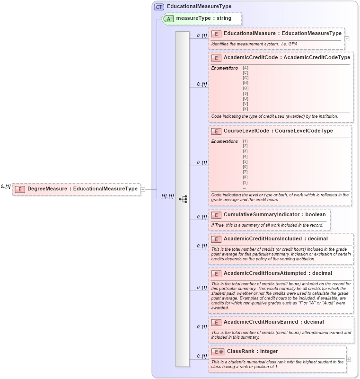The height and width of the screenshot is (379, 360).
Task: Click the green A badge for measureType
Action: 169,18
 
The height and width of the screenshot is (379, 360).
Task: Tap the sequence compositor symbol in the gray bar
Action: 183,199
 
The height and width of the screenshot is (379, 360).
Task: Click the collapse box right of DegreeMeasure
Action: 143,189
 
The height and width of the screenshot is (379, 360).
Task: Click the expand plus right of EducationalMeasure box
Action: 347,39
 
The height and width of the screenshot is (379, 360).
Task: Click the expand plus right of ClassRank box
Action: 349,359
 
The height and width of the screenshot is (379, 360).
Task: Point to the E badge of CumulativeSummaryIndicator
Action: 216,215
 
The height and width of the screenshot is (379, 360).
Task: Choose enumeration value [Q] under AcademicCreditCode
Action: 246,88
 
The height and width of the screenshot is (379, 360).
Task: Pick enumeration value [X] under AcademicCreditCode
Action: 246,109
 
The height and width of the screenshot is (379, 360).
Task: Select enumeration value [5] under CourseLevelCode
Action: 245,162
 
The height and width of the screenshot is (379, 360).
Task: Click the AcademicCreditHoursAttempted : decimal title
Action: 278,273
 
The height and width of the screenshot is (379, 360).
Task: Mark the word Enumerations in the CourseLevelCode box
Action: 225,141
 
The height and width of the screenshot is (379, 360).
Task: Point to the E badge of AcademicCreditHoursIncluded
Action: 216,239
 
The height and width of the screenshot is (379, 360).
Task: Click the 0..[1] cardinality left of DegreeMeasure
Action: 6,186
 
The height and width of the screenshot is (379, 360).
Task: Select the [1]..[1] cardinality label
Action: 167,196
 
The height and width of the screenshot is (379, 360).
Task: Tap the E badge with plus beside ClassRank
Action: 219,352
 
